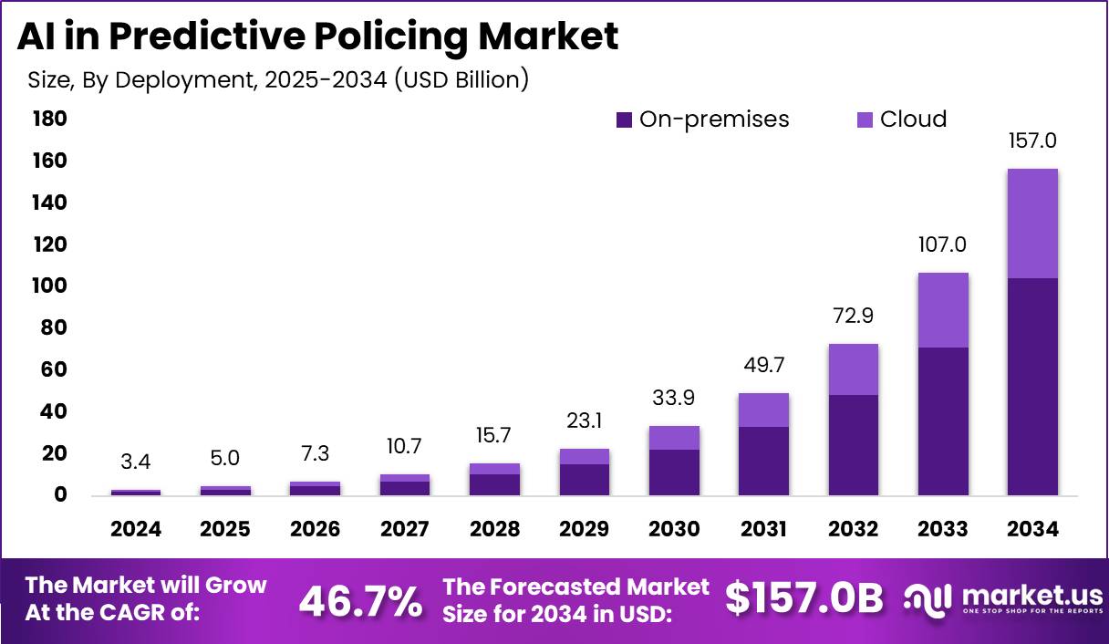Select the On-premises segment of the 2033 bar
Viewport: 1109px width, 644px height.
tap(943, 421)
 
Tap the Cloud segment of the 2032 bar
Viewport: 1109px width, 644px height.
tap(853, 369)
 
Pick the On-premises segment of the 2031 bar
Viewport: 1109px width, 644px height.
tap(763, 462)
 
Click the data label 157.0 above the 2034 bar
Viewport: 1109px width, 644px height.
tap(1032, 141)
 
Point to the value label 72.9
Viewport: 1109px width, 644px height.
tap(853, 317)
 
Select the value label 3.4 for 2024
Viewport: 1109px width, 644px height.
tap(136, 462)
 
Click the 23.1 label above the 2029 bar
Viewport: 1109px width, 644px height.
tap(584, 421)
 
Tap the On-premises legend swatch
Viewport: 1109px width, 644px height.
tap(625, 119)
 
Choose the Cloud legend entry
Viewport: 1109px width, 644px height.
tap(913, 119)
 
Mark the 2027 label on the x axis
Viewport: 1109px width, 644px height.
tap(405, 529)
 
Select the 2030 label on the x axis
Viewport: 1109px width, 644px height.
tap(674, 529)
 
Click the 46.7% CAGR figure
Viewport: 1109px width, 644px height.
tap(361, 600)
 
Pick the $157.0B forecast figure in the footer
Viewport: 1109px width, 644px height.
tap(804, 598)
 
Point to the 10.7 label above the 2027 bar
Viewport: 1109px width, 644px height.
tap(405, 447)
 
